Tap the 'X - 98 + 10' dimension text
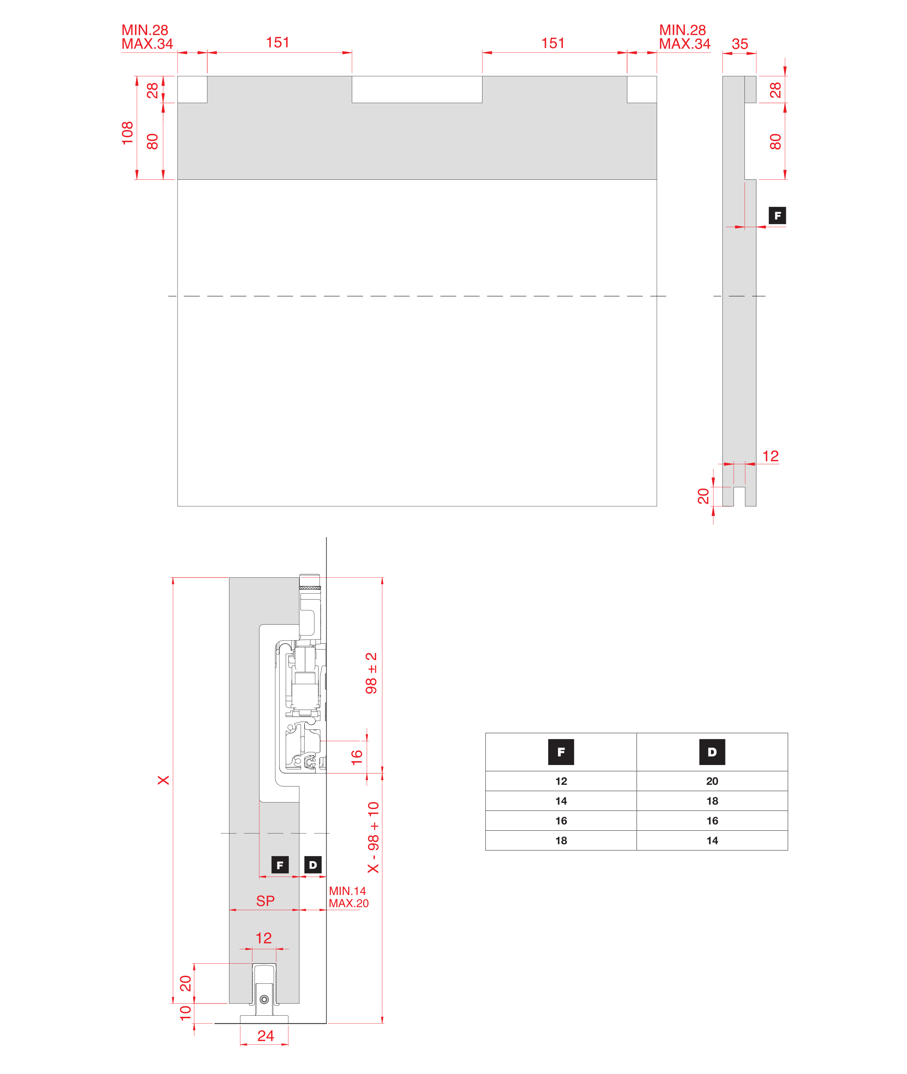[x=373, y=837]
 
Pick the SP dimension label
[x=265, y=901]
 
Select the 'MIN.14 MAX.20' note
[x=349, y=897]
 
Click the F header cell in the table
[x=561, y=752]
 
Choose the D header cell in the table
[x=712, y=752]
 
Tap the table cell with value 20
[x=712, y=781]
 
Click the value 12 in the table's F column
[x=561, y=781]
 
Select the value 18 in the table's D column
[x=712, y=801]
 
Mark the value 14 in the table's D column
[x=712, y=841]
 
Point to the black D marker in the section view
[x=313, y=865]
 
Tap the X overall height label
[x=163, y=780]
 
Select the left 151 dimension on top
[x=278, y=42]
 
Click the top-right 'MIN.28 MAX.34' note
[x=684, y=37]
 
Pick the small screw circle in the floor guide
[x=264, y=1000]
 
